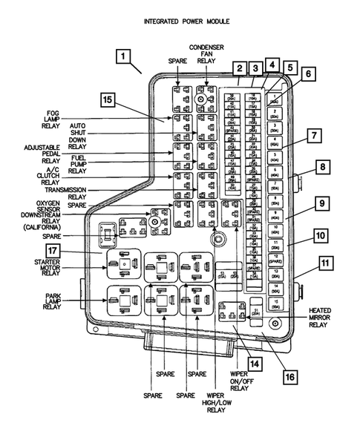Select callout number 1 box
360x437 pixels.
[x=123, y=56]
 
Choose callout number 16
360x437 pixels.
[x=290, y=376]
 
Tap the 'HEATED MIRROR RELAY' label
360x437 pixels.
[x=321, y=317]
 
